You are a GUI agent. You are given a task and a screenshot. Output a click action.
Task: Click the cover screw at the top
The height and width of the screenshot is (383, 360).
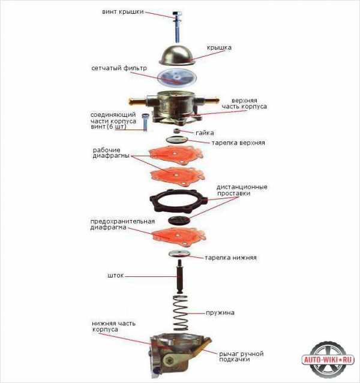pyautogui.click(x=177, y=26)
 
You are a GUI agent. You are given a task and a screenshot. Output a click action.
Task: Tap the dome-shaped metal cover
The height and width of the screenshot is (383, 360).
pyautogui.click(x=178, y=55)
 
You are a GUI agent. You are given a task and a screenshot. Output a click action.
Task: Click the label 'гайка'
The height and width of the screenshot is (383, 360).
pyautogui.click(x=205, y=133)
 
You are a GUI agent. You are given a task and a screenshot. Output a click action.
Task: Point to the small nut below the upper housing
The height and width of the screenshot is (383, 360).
pyautogui.click(x=177, y=131)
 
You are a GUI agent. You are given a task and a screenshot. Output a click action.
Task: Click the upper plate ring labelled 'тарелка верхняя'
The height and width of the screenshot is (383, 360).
pyautogui.click(x=177, y=140)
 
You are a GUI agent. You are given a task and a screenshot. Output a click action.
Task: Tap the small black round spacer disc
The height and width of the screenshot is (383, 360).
pyautogui.click(x=179, y=221)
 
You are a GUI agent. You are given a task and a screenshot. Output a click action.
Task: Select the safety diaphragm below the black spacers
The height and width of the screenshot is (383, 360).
pyautogui.click(x=179, y=236)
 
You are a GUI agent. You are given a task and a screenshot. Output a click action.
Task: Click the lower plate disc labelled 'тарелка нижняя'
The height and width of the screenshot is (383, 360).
pyautogui.click(x=179, y=254)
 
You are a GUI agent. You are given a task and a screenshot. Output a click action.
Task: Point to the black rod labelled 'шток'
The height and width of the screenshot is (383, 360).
pyautogui.click(x=180, y=277)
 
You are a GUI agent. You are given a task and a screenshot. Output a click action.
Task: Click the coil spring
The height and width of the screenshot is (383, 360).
pyautogui.click(x=180, y=313)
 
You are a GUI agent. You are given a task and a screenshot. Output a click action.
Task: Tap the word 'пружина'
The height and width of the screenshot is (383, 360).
pyautogui.click(x=220, y=313)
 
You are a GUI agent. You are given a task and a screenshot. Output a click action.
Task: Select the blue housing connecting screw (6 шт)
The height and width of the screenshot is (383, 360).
pyautogui.click(x=145, y=122)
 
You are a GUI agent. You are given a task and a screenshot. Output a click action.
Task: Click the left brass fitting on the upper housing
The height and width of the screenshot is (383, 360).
pyautogui.click(x=138, y=101)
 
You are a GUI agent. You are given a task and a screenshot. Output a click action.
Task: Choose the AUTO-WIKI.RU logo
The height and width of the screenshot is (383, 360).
pyautogui.click(x=328, y=360)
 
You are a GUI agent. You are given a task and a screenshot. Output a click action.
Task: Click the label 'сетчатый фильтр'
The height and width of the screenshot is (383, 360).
pyautogui.click(x=119, y=68)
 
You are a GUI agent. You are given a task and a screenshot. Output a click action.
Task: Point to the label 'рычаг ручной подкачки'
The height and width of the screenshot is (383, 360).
pyautogui.click(x=241, y=357)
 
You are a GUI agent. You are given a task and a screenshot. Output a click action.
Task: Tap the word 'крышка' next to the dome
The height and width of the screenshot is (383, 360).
pyautogui.click(x=219, y=47)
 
